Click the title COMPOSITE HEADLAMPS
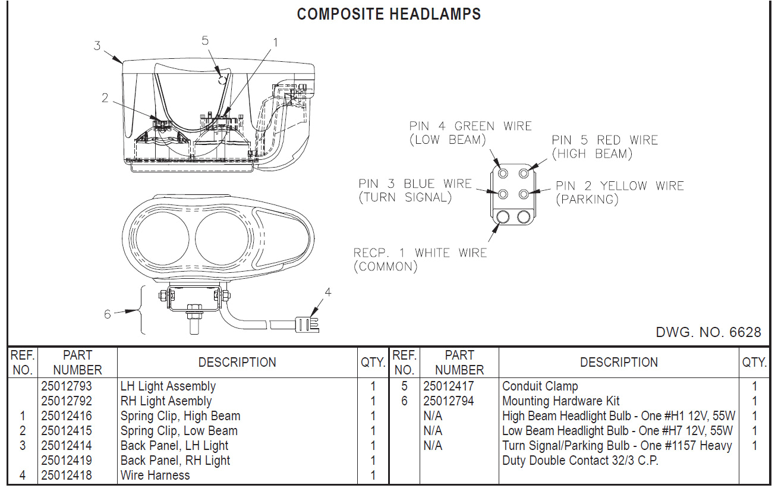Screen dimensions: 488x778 pos(389,14)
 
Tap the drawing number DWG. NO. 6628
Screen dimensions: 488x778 pos(708,332)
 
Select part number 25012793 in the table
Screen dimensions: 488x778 pos(67,386)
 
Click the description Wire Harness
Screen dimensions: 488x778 pos(155,476)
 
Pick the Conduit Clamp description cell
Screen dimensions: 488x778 pos(540,386)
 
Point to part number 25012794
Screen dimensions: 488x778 pos(449,401)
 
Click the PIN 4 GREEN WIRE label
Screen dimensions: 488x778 pos(470,126)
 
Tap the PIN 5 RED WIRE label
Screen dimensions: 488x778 pos(604,140)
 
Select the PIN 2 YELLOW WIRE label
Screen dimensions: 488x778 pos(620,186)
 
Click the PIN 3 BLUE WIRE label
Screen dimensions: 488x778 pos(415,184)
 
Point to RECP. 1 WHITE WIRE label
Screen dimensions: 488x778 pos(420,253)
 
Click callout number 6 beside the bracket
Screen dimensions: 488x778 pos(108,314)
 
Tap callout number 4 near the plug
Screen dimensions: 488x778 pos(327,292)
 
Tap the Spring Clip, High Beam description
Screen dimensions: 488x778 pos(180,416)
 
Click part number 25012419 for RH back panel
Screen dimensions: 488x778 pos(67,461)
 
